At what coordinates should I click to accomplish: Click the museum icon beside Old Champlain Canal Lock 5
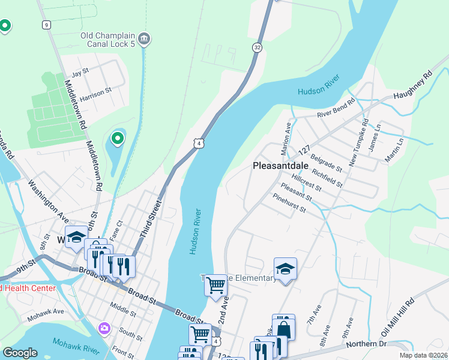143,39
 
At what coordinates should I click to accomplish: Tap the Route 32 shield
256,47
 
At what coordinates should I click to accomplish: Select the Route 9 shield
46,25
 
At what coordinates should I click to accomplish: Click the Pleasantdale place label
281,165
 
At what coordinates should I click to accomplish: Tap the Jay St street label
80,71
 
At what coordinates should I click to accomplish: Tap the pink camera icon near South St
104,328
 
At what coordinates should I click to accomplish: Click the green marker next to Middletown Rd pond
118,139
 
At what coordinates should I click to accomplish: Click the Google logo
20,353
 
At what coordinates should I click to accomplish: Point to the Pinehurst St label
289,204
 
